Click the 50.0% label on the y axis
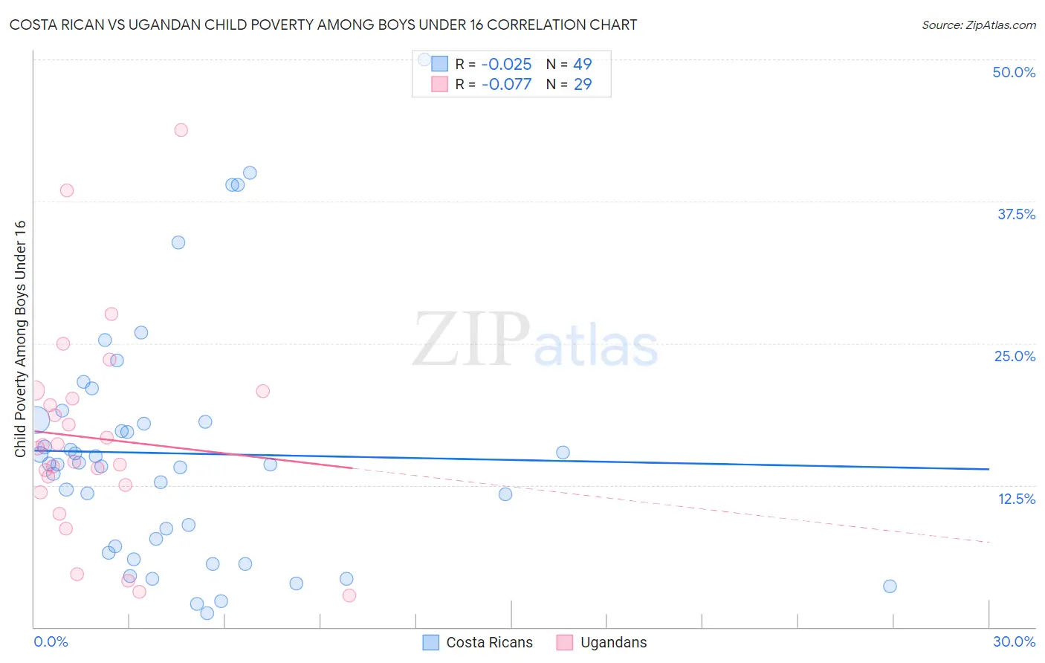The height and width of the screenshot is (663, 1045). tap(1014, 72)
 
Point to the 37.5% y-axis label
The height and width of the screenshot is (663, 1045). tap(1016, 214)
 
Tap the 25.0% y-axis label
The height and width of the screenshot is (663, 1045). tap(1015, 356)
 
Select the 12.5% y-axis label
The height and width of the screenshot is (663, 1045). tap(1016, 499)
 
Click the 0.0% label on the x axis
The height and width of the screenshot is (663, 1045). tap(51, 641)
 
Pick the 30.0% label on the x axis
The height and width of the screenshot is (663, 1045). tap(1014, 641)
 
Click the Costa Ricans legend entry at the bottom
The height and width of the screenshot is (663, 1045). tap(477, 642)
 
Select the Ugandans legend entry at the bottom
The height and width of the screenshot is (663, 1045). tap(601, 642)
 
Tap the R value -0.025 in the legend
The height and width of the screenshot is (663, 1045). tap(506, 65)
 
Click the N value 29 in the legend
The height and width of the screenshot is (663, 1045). tap(583, 85)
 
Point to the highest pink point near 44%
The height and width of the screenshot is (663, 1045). tap(181, 130)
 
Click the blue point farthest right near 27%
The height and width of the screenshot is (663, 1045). tap(890, 586)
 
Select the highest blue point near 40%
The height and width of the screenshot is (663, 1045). tap(250, 172)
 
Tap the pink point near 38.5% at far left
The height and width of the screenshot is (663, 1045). tap(67, 190)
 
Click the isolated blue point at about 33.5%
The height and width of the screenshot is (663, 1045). tap(178, 242)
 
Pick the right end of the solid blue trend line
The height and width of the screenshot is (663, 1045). tap(989, 469)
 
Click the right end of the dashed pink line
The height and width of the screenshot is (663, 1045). tap(989, 543)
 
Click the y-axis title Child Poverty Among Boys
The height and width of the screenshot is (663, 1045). tap(20, 338)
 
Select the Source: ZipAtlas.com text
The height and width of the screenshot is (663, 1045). tap(978, 25)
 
